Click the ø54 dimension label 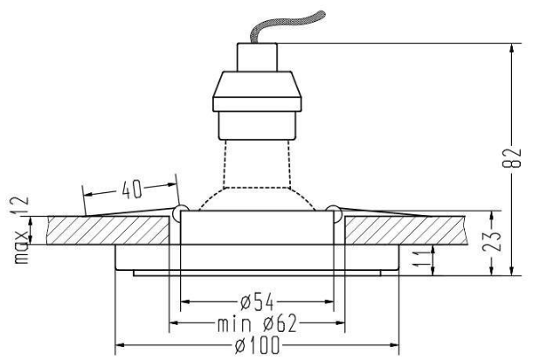click(x=257, y=301)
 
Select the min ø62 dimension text click(x=257, y=323)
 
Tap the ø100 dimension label click(x=257, y=345)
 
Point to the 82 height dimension click(x=511, y=158)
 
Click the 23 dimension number click(x=492, y=241)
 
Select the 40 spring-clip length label click(x=132, y=190)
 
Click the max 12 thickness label click(x=21, y=230)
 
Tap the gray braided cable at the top click(x=285, y=26)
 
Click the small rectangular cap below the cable click(x=257, y=57)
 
